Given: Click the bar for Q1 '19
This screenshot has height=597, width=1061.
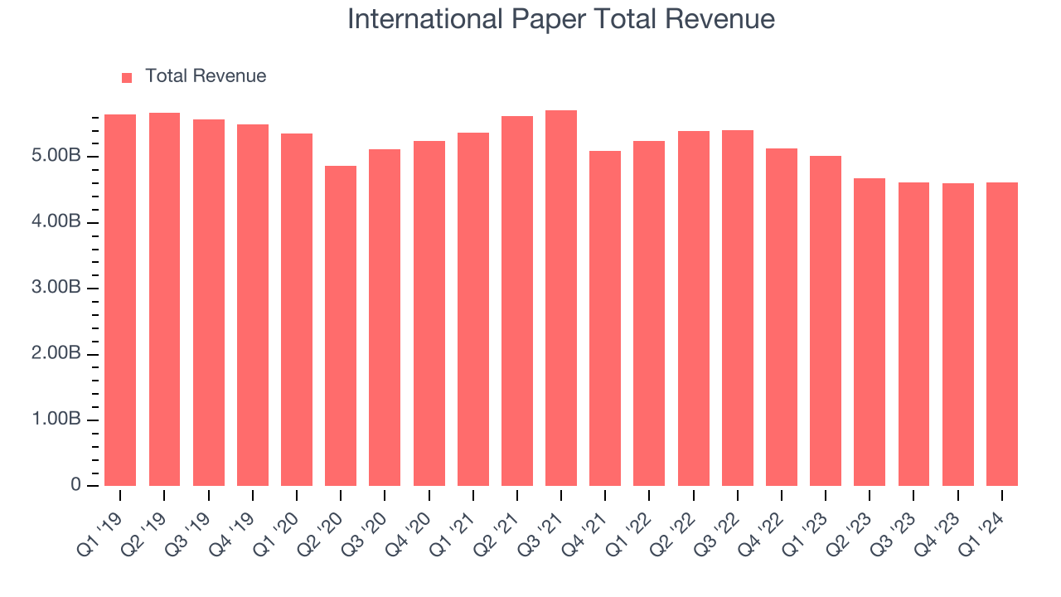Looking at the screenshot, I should (120, 300).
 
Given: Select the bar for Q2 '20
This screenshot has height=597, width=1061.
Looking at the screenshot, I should (341, 326).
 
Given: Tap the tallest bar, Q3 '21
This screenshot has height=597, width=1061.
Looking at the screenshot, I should (561, 298).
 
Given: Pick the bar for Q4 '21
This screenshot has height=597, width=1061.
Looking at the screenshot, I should (605, 318).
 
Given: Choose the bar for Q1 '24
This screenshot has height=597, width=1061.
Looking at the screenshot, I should (1002, 334).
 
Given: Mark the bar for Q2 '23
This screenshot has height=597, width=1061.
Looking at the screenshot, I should (870, 332).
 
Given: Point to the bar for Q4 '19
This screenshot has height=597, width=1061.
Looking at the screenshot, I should (253, 305).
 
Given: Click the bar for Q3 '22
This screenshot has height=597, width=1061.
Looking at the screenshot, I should (738, 308).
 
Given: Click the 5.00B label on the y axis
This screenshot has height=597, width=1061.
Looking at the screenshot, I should (57, 157).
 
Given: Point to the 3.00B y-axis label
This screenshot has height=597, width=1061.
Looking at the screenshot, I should (57, 288).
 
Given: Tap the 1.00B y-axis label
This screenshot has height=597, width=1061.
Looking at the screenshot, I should (57, 420).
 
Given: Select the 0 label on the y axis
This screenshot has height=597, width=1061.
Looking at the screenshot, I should (76, 485).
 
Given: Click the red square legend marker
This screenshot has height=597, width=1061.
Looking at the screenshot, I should (127, 77).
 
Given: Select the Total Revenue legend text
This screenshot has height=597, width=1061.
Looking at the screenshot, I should (206, 76).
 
